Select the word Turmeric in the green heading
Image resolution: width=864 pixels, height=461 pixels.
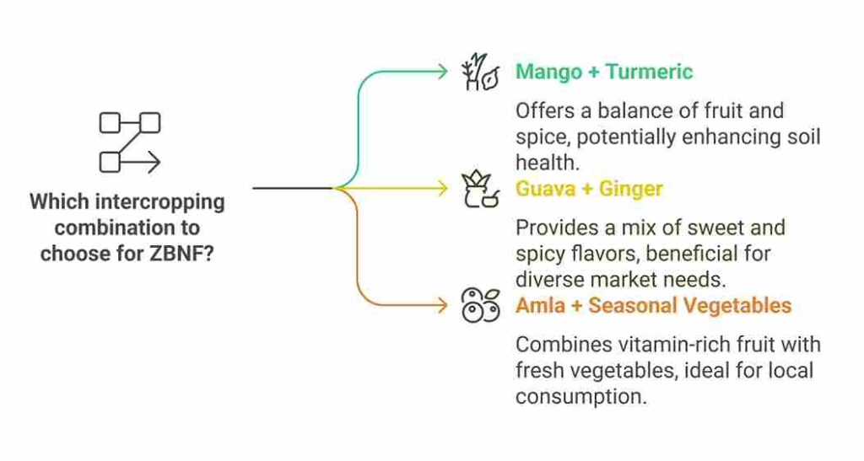pos(650,72)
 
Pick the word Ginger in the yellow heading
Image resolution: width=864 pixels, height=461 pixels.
pos(631,188)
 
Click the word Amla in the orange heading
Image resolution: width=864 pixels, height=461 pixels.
pos(540,305)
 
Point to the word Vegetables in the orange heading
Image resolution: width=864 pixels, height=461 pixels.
pos(739,305)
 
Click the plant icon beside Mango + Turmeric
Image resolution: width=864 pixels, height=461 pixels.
pos(479,72)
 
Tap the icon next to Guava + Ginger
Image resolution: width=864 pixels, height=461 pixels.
pos(479,189)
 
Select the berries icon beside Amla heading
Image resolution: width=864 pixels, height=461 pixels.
pos(479,306)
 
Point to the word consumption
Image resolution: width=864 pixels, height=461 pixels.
pos(580,396)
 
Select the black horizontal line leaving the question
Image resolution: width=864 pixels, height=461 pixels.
pos(291,188)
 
